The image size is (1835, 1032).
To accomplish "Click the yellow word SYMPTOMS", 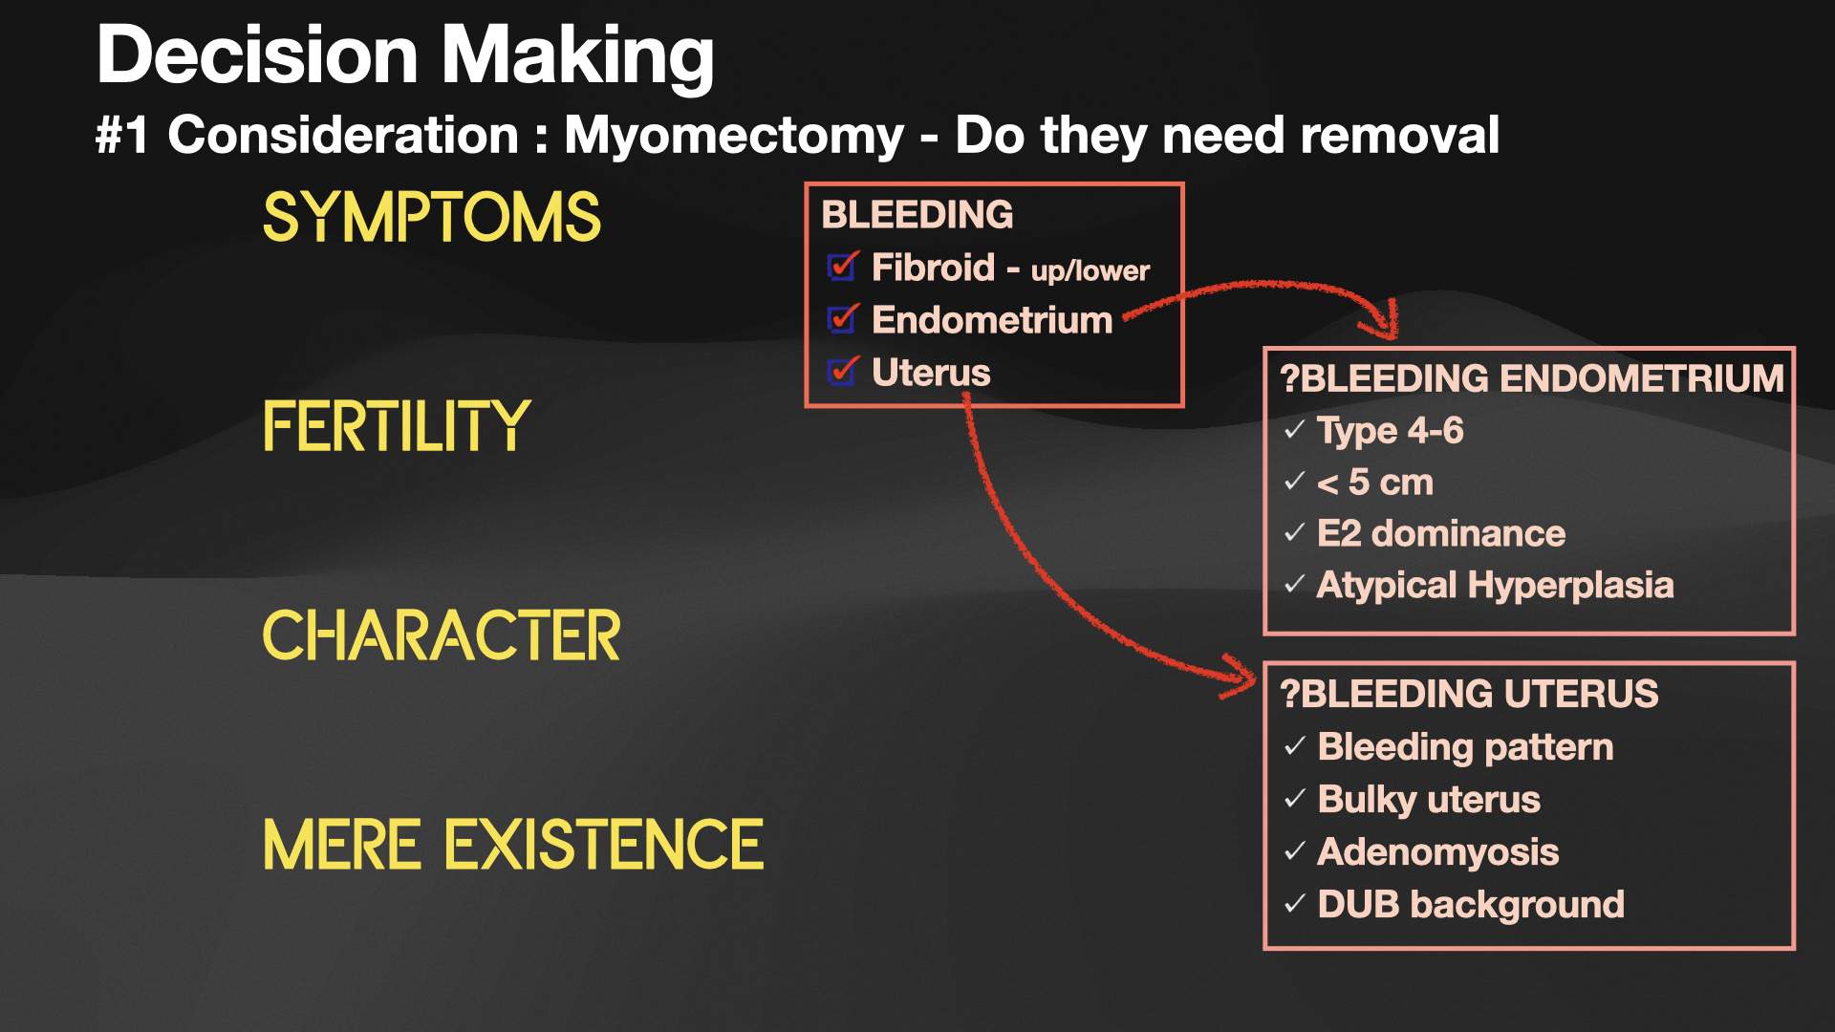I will pos(431,217).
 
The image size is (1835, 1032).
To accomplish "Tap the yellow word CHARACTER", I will pos(441,635).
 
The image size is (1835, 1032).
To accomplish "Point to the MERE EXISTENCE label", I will pos(513,845).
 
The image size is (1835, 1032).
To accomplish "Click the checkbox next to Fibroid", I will pos(842,267).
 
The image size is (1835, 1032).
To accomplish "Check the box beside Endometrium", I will pos(842,319).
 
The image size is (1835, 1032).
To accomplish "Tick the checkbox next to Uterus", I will pos(842,371).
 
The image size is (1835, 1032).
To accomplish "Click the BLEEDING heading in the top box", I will pos(917,215).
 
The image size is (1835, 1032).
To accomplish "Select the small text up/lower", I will pos(1090,271).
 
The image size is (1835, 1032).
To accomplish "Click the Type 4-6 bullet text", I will pos(1390,431).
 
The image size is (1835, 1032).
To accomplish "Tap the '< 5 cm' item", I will pos(1374,483).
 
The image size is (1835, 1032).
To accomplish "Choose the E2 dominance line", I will pos(1440,533).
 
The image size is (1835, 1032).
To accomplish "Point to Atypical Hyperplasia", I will pos(1495,585).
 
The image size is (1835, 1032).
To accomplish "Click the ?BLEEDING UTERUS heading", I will pos(1469,694).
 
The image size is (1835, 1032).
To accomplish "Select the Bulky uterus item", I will pos(1429,799).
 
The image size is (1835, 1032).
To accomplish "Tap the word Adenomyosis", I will pos(1437,851).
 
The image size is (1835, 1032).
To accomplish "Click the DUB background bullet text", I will pos(1471,904).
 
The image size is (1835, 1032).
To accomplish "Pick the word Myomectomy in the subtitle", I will pos(733,135).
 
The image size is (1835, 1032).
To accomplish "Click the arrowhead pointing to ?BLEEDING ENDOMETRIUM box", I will pos(1383,323).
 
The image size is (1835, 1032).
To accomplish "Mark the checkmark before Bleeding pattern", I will pos(1295,746).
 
